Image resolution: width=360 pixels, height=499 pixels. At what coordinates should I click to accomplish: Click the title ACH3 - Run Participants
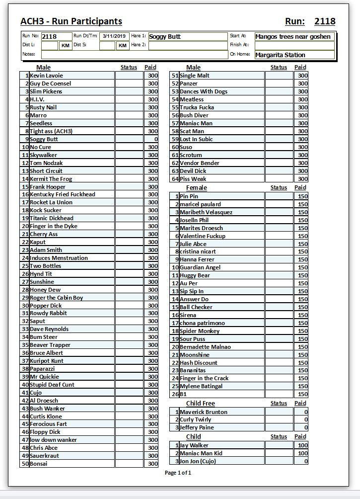[x=71, y=21]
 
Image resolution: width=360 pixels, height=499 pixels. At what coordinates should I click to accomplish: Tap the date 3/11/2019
[x=114, y=36]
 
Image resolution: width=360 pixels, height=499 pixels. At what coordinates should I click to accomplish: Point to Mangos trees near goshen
[x=293, y=36]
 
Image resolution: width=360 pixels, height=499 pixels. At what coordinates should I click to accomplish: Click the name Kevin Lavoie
[x=47, y=76]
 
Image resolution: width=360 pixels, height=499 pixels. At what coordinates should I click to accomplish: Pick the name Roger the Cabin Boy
[x=57, y=298]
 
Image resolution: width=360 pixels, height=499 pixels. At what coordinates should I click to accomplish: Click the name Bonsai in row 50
[x=39, y=464]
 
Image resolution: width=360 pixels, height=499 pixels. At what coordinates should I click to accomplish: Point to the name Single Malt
[x=195, y=76]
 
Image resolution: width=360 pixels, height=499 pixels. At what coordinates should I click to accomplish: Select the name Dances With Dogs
[x=204, y=91]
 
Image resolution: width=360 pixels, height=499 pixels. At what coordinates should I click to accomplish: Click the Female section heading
[x=197, y=187]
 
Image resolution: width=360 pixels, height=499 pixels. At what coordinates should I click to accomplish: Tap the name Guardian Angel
[x=200, y=267]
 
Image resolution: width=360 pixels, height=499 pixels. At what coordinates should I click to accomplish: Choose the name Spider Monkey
[x=200, y=331]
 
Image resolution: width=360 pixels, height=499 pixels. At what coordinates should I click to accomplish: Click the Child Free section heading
[x=201, y=403]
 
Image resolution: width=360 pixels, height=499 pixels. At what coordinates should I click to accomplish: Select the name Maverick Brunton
[x=204, y=412]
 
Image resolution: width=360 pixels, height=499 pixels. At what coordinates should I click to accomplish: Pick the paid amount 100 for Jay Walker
[x=302, y=445]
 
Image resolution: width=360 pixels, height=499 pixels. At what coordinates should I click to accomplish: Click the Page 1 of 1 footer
[x=178, y=473]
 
